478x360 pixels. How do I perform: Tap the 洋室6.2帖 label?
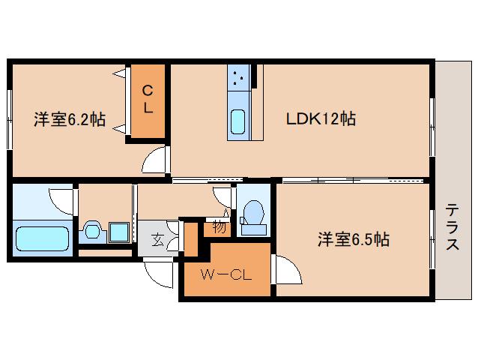click(x=69, y=119)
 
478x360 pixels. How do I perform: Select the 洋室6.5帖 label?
click(x=352, y=239)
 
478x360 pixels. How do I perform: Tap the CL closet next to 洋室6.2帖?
click(x=148, y=100)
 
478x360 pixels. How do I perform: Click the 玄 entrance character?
click(x=159, y=240)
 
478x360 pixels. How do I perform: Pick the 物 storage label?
click(x=219, y=226)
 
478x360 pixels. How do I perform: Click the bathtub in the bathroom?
click(x=42, y=239)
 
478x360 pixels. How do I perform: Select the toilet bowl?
click(x=255, y=213)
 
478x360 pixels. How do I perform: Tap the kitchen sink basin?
click(x=238, y=121)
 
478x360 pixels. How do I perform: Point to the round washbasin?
click(x=93, y=231)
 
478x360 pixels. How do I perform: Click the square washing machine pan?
click(x=118, y=232)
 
